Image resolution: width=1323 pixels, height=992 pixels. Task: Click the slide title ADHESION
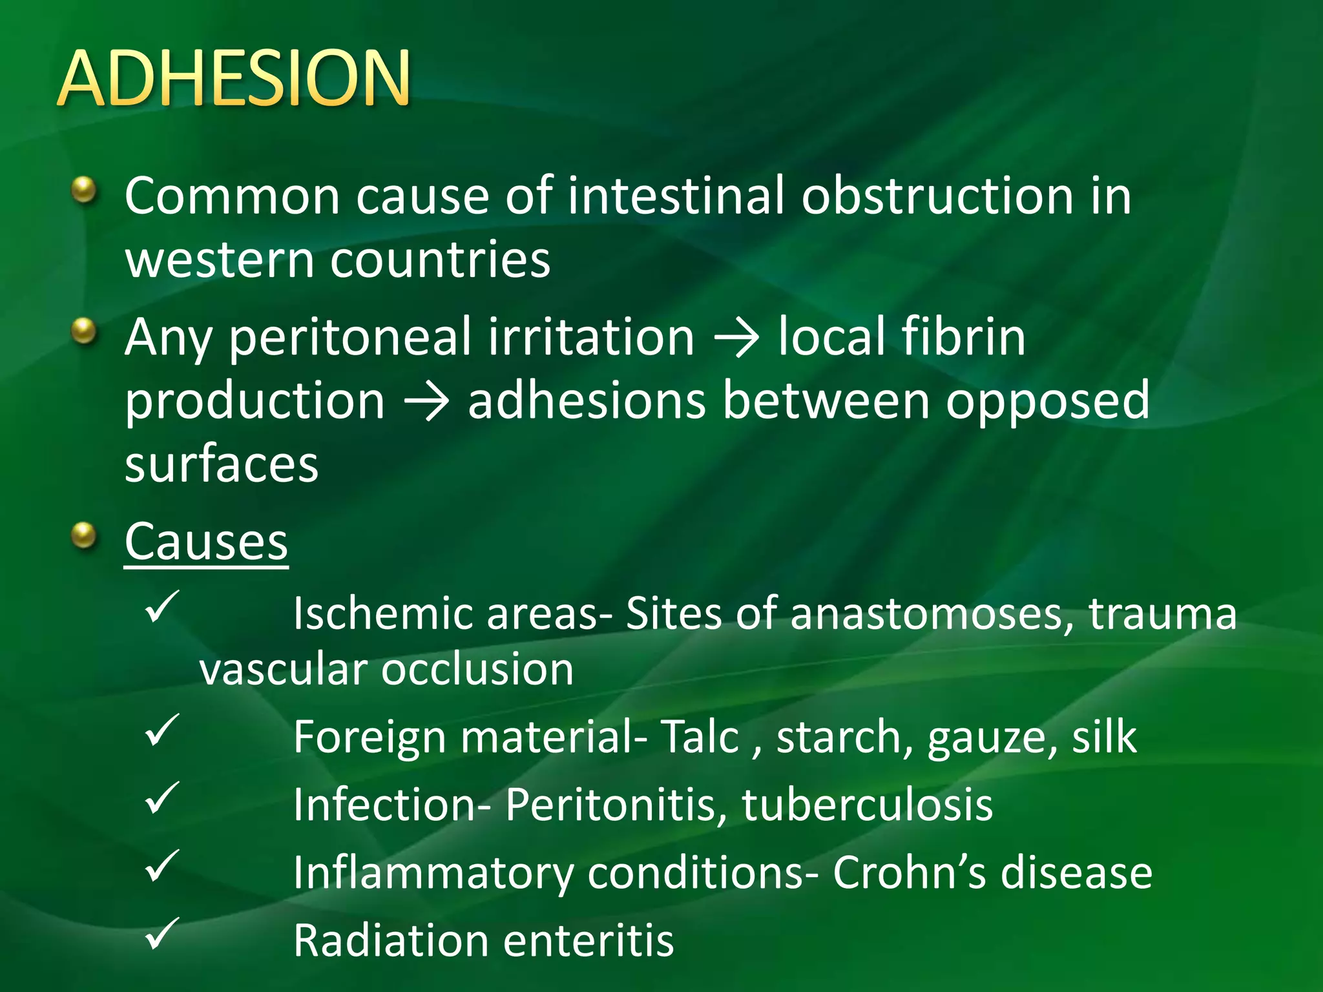234,78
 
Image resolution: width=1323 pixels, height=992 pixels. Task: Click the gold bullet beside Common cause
83,191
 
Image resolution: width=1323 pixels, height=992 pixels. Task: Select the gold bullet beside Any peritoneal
83,332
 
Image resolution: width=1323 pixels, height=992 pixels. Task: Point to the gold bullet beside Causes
83,536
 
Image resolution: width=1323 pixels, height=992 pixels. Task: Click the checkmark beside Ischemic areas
161,606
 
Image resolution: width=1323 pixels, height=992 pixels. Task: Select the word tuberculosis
867,805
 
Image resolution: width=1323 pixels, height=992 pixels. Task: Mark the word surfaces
222,465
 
